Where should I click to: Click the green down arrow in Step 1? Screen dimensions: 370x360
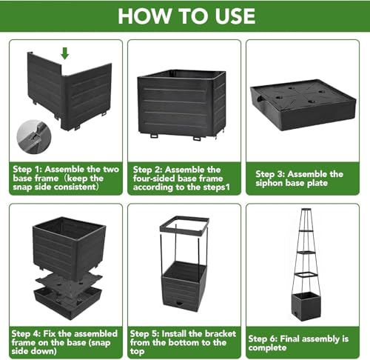pyautogui.click(x=64, y=53)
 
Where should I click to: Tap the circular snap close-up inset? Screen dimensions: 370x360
pyautogui.click(x=34, y=137)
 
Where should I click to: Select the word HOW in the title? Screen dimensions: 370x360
pyautogui.click(x=144, y=16)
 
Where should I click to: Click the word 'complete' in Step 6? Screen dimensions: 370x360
pyautogui.click(x=267, y=348)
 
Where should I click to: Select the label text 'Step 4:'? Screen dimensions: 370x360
pyautogui.click(x=26, y=334)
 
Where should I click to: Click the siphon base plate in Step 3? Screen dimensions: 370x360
pyautogui.click(x=303, y=104)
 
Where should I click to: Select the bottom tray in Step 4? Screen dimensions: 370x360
pyautogui.click(x=68, y=302)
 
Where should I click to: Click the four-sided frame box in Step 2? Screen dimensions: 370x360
pyautogui.click(x=182, y=104)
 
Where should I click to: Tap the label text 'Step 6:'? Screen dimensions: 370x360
pyautogui.click(x=263, y=339)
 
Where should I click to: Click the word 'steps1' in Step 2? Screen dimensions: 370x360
pyautogui.click(x=216, y=187)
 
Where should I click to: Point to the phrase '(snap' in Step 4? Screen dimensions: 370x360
pyautogui.click(x=99, y=343)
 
